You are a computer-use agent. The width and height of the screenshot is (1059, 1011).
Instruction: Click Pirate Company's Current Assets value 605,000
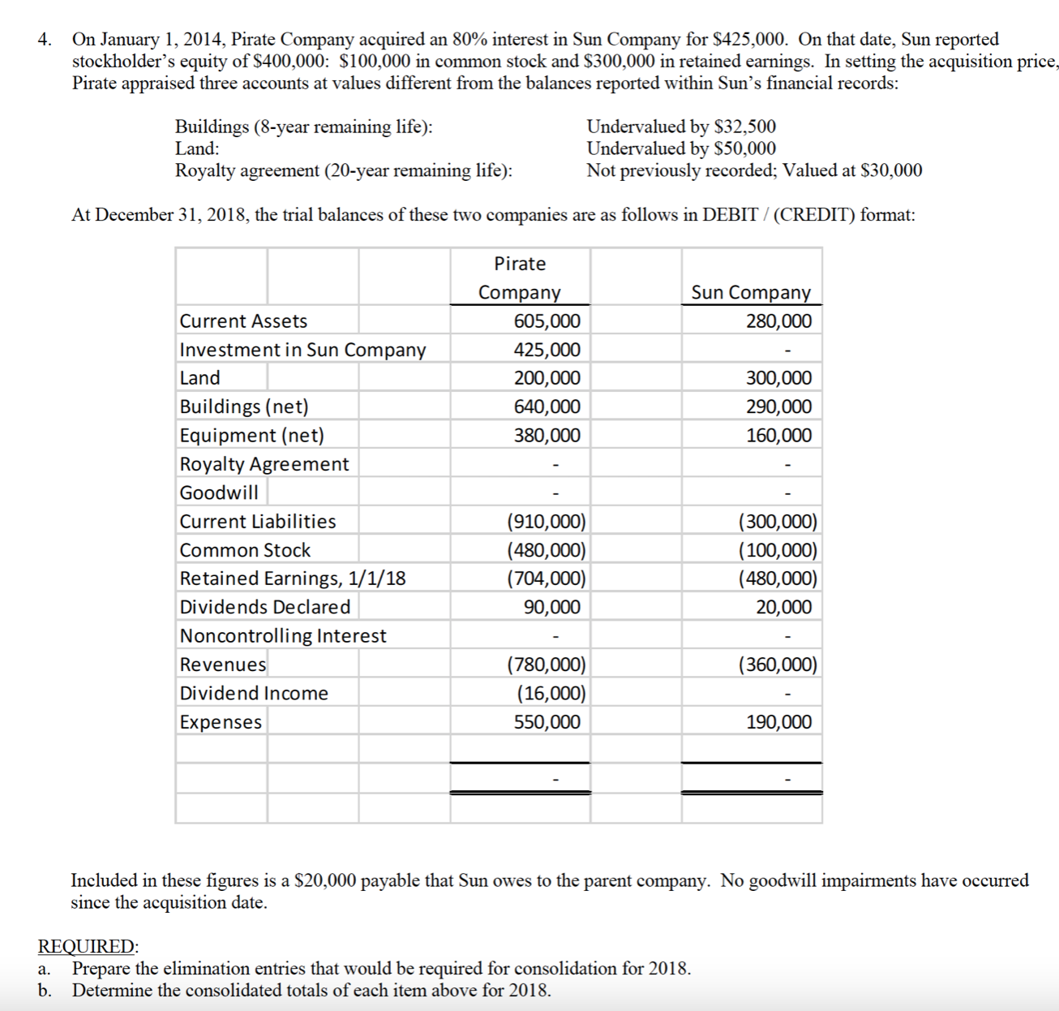547,321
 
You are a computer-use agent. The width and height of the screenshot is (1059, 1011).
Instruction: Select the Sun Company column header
751,292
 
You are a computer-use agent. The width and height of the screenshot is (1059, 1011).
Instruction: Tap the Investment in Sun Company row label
302,350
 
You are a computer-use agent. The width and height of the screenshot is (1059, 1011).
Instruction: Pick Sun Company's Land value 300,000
778,378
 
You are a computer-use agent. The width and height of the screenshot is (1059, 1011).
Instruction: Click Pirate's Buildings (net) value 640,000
547,407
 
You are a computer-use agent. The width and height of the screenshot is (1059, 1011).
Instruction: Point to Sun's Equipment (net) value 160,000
778,436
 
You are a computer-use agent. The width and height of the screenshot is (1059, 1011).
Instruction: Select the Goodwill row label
219,493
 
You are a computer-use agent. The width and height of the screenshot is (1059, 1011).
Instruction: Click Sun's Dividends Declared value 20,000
783,607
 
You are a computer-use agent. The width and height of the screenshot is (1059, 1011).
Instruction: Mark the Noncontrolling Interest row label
283,635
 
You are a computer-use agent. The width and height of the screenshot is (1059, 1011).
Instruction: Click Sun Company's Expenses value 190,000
778,722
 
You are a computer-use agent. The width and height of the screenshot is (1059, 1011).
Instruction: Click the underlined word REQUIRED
88,946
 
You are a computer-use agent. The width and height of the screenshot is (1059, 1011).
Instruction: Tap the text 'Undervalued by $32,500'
681,127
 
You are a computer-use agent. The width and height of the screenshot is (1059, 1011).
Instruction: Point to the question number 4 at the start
45,39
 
